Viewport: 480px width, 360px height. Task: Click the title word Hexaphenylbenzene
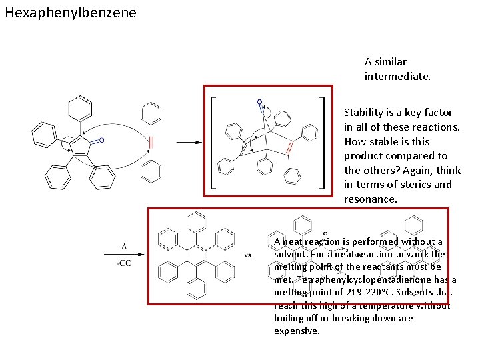[70, 13]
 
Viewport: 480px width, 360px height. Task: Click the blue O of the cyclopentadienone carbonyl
[101, 141]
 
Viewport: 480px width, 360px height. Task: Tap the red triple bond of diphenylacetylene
[152, 143]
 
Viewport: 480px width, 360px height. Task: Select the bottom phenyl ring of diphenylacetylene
[152, 173]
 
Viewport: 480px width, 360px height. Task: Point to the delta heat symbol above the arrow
[125, 247]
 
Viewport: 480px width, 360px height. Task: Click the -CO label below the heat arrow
[124, 263]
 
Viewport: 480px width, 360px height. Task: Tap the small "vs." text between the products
[249, 255]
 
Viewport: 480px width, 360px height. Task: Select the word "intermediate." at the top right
[397, 77]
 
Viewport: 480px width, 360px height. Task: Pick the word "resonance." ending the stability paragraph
[371, 199]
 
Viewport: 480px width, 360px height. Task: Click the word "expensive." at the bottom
[297, 331]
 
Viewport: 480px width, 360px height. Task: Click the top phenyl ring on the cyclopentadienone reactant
[81, 106]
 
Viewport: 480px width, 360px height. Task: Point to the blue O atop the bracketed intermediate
[259, 103]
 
